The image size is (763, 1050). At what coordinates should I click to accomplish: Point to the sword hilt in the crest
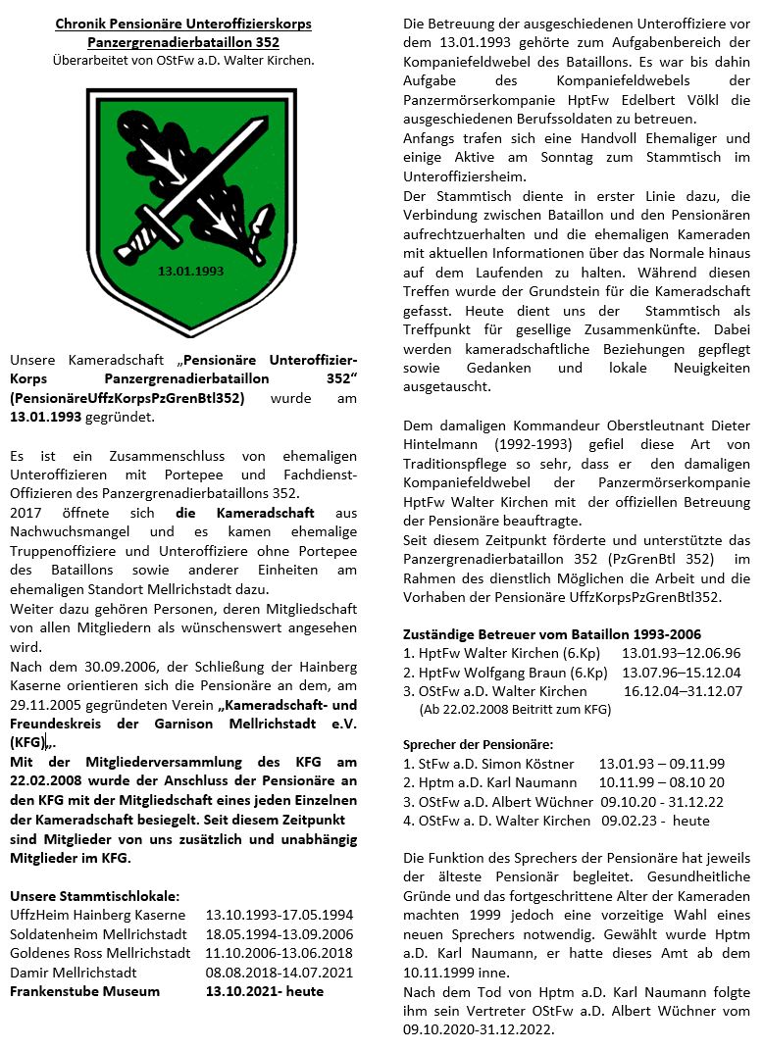[x=137, y=233]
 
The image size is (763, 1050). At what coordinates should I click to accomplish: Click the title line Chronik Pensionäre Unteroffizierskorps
[x=183, y=24]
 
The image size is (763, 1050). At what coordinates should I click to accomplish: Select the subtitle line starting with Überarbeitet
[x=183, y=61]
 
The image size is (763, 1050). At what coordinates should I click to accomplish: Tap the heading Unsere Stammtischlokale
[x=94, y=895]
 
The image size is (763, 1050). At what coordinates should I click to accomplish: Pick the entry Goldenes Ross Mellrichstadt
[x=99, y=952]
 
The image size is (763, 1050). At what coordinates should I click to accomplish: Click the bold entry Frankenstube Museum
[x=84, y=990]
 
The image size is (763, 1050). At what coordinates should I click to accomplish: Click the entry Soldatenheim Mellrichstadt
[x=92, y=933]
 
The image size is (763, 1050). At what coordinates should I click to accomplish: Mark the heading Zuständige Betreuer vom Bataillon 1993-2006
[x=552, y=634]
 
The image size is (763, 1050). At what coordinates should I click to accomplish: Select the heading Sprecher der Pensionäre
[x=478, y=744]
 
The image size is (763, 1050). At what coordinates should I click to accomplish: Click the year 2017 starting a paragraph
[x=25, y=513]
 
